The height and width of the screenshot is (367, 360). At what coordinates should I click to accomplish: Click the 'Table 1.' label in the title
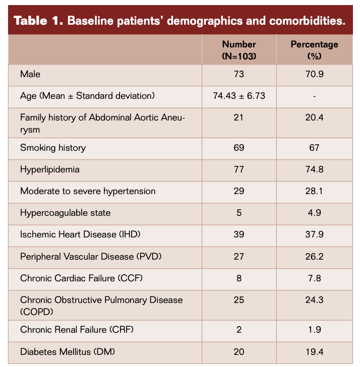tap(38, 21)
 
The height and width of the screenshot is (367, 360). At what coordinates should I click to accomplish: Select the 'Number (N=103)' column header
tap(239, 50)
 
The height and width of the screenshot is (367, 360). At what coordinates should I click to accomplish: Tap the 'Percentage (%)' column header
tap(314, 50)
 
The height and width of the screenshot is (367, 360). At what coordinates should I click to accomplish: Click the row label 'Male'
tap(30, 74)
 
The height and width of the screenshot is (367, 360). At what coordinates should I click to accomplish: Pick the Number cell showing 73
tap(239, 74)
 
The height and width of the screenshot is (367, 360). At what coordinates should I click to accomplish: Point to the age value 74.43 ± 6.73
tap(239, 96)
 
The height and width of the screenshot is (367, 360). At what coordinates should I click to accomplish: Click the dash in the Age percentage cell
tap(314, 96)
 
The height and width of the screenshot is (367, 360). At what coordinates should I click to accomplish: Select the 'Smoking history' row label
tap(53, 148)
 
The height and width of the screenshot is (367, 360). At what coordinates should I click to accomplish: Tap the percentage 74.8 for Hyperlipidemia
tap(314, 169)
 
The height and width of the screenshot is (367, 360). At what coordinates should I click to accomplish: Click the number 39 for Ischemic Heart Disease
tap(239, 234)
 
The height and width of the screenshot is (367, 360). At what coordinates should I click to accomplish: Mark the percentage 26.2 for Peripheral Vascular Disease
tap(314, 256)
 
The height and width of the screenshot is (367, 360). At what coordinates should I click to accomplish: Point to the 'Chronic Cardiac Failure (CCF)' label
tap(75, 278)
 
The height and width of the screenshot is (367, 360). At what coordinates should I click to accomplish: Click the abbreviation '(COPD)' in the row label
tap(36, 312)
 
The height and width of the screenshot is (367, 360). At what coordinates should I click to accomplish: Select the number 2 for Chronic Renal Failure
tap(239, 330)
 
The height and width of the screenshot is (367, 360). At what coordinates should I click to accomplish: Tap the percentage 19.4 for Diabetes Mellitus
tap(314, 351)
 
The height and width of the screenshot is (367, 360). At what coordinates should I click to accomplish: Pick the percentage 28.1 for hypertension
tap(314, 191)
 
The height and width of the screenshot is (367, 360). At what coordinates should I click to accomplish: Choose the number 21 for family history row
tap(239, 117)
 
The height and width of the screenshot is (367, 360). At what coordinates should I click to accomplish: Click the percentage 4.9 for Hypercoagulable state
tap(314, 213)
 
